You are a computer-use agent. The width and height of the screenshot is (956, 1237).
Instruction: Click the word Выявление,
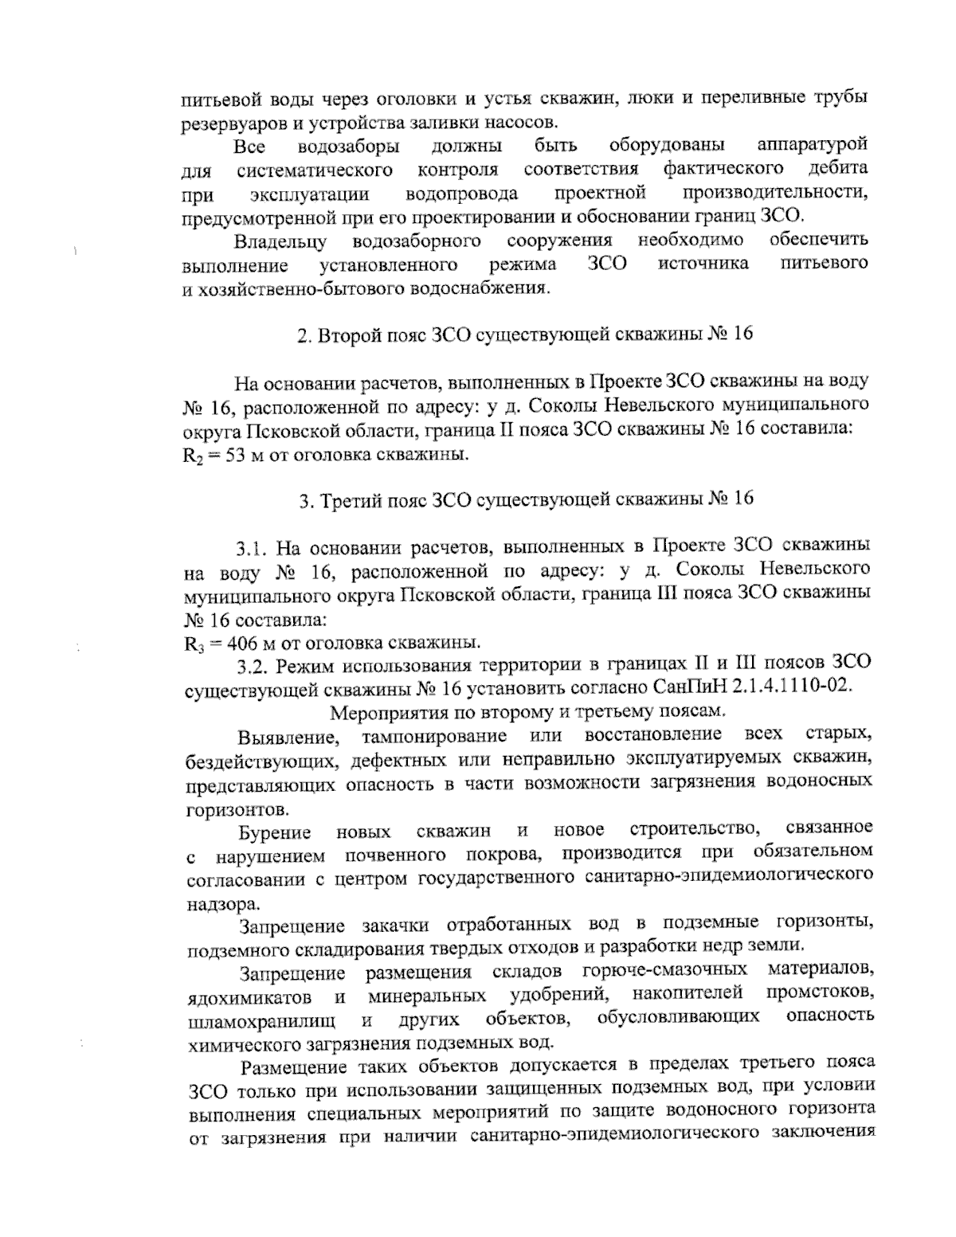coord(284,735)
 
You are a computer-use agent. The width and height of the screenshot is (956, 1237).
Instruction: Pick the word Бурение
coord(275,833)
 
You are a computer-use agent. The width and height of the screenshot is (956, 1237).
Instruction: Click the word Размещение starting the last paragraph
coord(293,1066)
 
